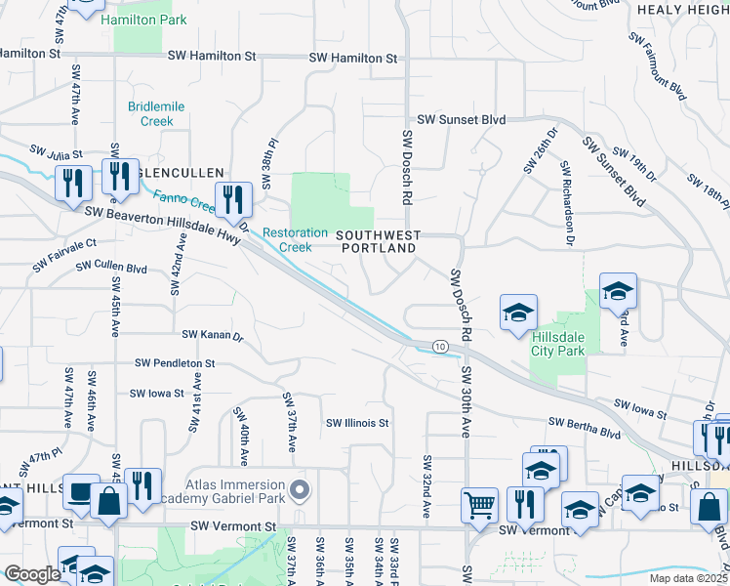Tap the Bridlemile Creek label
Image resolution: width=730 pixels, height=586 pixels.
(x=150, y=113)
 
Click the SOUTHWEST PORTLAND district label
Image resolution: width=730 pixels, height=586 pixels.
(x=378, y=241)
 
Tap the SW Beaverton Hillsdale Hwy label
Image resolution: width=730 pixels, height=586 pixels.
(x=162, y=224)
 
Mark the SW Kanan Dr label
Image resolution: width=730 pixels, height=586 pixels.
(x=213, y=335)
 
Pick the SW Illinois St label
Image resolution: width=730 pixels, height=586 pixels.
(x=358, y=423)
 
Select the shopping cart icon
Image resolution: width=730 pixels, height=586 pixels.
(x=480, y=504)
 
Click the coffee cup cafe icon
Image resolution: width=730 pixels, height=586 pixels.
(x=80, y=491)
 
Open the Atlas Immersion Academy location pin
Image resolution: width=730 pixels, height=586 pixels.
(x=300, y=489)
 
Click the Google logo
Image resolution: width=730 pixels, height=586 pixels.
(x=31, y=574)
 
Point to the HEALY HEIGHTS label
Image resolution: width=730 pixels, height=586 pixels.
(x=682, y=9)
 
